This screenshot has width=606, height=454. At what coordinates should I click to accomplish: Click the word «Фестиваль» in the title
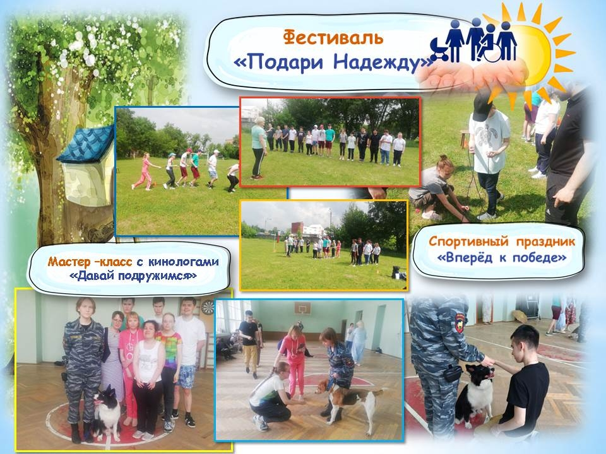point(333,38)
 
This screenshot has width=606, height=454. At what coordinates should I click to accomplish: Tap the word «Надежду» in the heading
point(381,62)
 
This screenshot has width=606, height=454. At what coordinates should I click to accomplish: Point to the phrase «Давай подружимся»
point(133,276)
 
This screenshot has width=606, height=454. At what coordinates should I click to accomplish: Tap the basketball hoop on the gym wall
point(302,309)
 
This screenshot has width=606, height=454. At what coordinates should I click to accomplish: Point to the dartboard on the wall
point(207,307)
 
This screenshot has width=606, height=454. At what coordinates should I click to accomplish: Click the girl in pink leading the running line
point(144,172)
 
